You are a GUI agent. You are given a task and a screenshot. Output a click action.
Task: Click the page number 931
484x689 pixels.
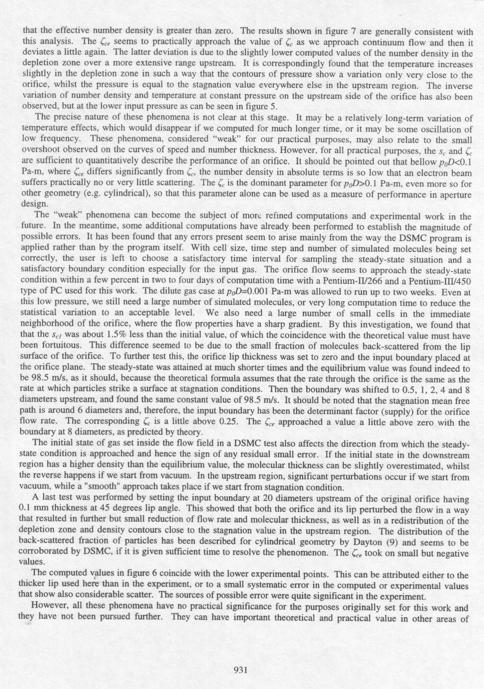241,670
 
